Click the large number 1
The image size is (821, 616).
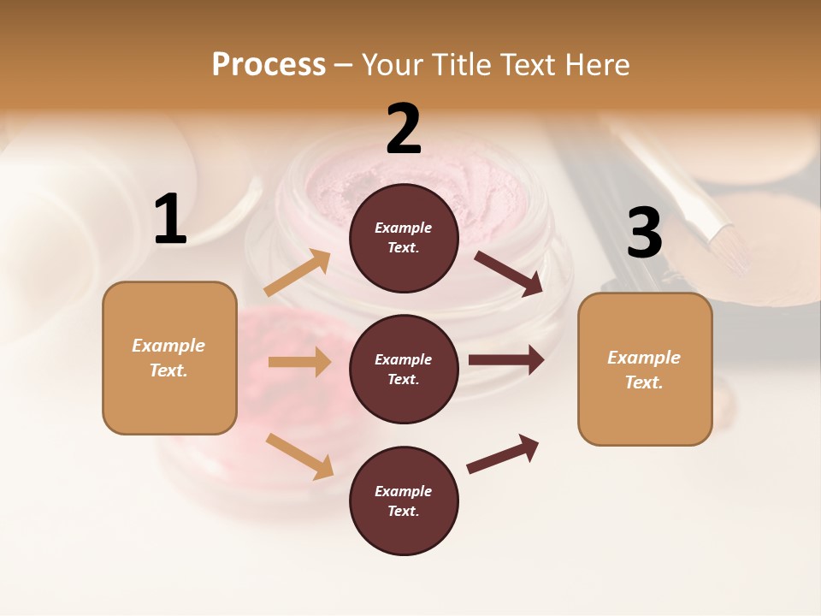tap(170, 220)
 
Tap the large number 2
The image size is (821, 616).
tap(404, 129)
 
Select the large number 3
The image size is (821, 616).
tap(644, 234)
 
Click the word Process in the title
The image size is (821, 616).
tap(269, 64)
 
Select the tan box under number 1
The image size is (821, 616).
tap(169, 358)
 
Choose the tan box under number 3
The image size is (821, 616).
tap(645, 370)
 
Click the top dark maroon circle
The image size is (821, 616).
tap(404, 237)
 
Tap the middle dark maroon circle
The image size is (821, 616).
tap(404, 369)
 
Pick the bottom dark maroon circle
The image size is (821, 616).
tap(404, 500)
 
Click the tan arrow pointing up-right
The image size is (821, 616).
tap(298, 273)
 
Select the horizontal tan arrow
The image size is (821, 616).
tap(299, 362)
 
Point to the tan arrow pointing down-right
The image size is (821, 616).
tap(299, 456)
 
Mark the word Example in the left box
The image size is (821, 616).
tap(168, 346)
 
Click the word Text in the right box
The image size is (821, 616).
tap(642, 382)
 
